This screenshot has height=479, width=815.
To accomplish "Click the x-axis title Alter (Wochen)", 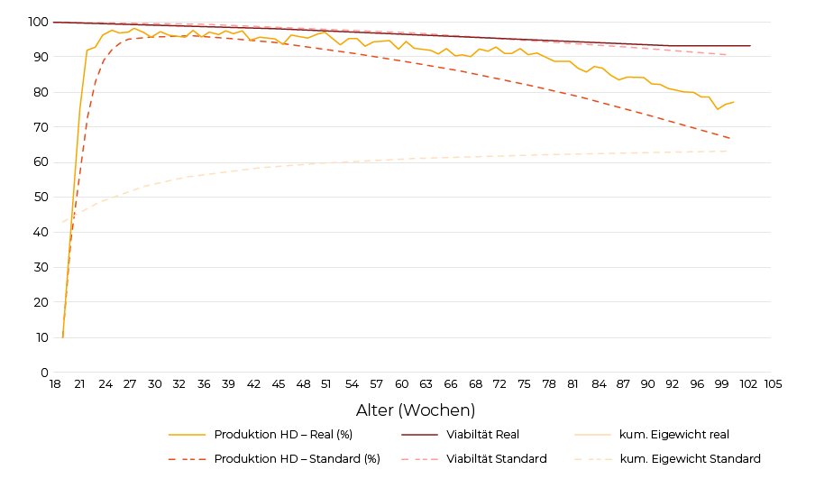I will pos(416,410).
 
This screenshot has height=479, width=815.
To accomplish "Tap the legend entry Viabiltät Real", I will pos(482,435).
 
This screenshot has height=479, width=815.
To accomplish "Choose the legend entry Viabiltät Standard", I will pos(496,459).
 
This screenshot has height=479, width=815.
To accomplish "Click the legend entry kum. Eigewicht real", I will pos(674,435).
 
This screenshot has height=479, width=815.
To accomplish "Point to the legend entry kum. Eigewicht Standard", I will pos(690,459).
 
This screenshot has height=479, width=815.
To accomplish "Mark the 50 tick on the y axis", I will pos(41,198).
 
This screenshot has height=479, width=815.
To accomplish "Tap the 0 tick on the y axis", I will pos(44,373).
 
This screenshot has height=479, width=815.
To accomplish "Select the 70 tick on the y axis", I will pos(41,127).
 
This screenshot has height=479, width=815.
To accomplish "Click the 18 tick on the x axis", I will pos(55,384).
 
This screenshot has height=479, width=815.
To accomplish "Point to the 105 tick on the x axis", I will pos(773,384).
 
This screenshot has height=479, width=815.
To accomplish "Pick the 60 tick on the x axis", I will pos(401,384).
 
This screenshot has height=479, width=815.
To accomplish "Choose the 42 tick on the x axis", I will pos(253,384).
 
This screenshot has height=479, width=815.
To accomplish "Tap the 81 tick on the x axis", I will pos(573,384).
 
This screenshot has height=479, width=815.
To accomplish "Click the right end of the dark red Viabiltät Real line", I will pos(750,46).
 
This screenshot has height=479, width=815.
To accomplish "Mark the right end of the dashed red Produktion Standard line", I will pos(730,139).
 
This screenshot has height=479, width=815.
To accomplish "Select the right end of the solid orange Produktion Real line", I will pos(734,102).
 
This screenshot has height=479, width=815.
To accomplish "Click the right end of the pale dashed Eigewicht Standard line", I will pos(728,151).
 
